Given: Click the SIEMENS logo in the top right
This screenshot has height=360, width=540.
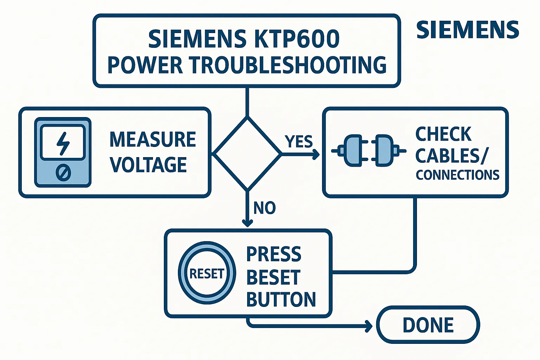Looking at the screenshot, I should pos(467,30).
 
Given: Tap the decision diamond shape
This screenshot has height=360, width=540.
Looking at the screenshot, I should pos(247,154).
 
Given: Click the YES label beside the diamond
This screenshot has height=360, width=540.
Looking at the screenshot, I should pos(298,142).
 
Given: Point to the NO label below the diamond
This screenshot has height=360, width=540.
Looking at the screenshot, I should pos(264,208).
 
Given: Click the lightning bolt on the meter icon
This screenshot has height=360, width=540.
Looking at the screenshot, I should pos(63,143).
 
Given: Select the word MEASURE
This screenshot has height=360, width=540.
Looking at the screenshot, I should pos(153,140).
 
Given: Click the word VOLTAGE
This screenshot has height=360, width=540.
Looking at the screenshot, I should pos(148,165).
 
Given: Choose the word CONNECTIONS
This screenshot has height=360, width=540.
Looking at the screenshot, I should pos(457,175).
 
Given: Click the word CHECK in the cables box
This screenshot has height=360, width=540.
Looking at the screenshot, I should pos(443,134).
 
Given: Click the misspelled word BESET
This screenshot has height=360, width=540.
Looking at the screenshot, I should pos(274,277).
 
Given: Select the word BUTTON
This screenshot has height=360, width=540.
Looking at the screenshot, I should pos(281,300).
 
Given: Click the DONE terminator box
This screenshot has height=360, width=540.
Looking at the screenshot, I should pos(428,325).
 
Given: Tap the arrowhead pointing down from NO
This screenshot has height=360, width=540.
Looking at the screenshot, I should pos(247,223).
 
